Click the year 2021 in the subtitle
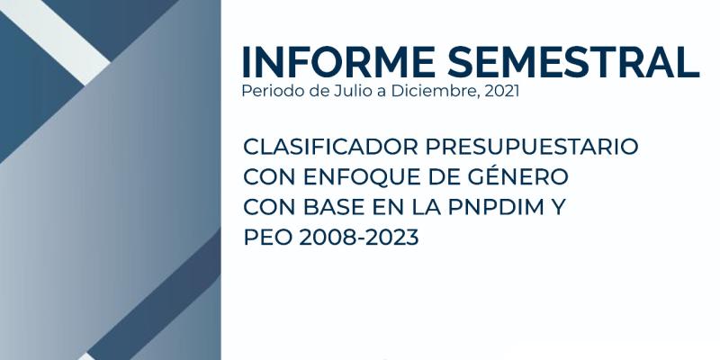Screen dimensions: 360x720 coord(502,91)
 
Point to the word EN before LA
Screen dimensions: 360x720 coord(388,208)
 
